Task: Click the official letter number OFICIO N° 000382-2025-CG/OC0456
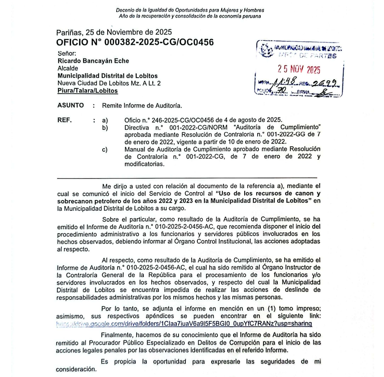pyautogui.click(x=135, y=42)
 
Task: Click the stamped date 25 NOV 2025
pyautogui.click(x=298, y=70)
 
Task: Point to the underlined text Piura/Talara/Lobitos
pyautogui.click(x=88, y=91)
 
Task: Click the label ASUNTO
pyautogui.click(x=71, y=106)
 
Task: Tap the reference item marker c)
pyautogui.click(x=105, y=149)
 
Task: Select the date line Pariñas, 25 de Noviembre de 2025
pyautogui.click(x=114, y=33)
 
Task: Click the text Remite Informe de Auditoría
pyautogui.click(x=142, y=106)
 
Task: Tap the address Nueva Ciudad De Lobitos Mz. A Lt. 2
pyautogui.click(x=109, y=83)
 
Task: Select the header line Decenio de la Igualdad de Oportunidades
pyautogui.click(x=190, y=10)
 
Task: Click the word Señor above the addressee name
pyautogui.click(x=66, y=54)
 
